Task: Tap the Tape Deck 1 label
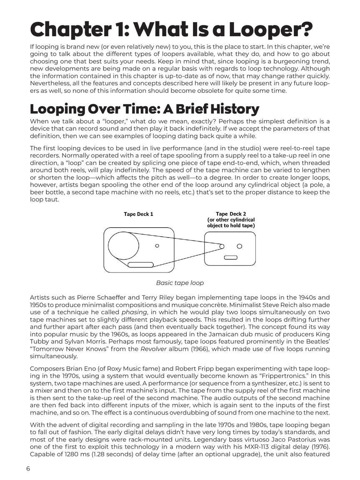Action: click(138, 214)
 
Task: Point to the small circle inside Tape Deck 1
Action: click(157, 246)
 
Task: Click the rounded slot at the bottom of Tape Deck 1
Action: click(140, 265)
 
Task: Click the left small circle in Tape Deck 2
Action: click(222, 246)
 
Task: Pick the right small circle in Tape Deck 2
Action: click(240, 246)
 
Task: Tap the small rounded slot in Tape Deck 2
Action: click(230, 257)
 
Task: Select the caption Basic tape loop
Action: click(180, 283)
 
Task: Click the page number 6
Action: click(28, 469)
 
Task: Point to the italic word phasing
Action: click(137, 312)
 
